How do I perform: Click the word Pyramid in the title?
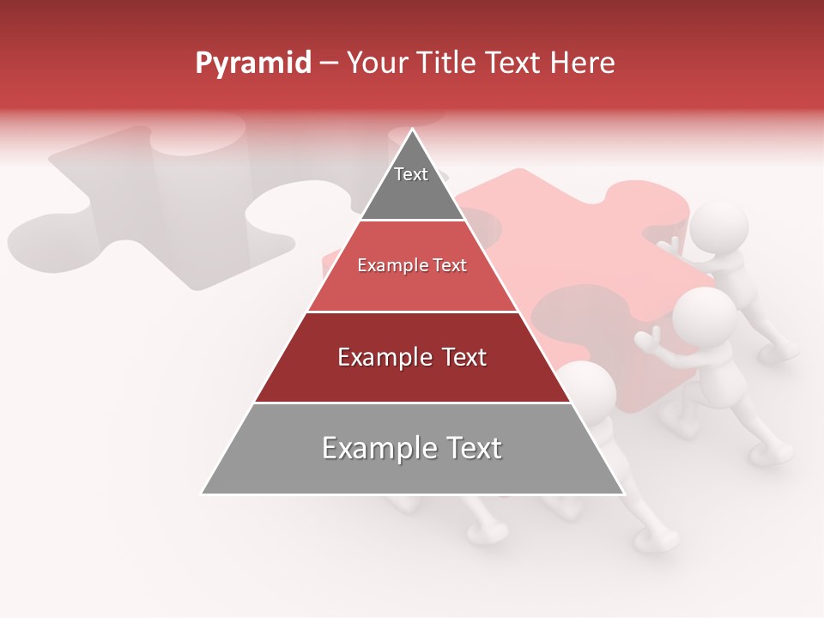coord(252,64)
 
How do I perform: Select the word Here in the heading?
coord(583,64)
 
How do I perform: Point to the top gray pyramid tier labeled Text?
coord(411,185)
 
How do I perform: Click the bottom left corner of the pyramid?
coord(202,494)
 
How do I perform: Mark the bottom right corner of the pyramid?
coord(623,494)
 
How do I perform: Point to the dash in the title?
coord(329,64)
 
